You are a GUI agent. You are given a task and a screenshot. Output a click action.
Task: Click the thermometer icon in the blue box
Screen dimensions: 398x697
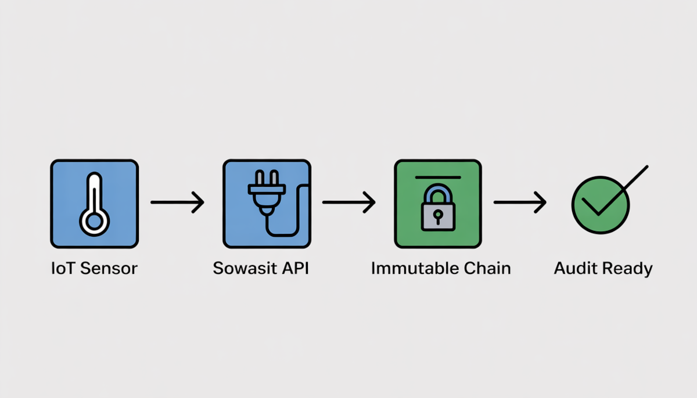[94, 204]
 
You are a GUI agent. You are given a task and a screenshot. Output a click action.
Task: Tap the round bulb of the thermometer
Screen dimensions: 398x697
[94, 221]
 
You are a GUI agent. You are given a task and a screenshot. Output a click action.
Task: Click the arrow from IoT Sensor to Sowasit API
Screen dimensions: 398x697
[178, 202]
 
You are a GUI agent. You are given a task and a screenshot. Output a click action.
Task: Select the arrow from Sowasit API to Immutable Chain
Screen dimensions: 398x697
[349, 202]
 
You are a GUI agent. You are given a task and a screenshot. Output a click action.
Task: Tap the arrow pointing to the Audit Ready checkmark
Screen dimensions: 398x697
[520, 202]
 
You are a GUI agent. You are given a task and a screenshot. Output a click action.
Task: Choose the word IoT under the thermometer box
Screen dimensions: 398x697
[63, 269]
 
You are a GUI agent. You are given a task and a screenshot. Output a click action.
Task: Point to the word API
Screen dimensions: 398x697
[294, 269]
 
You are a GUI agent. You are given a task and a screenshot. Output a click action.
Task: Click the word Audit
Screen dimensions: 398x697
[575, 269]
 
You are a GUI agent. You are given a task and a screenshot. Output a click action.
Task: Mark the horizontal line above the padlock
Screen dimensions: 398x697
[438, 177]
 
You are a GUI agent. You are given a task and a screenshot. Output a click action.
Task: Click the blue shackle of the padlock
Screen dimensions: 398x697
[438, 193]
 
